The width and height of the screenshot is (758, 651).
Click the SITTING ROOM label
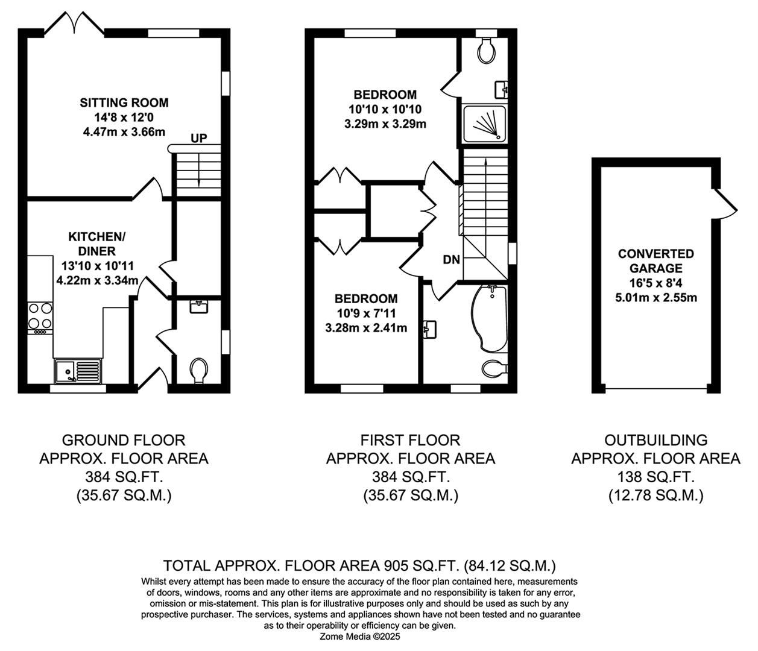124,102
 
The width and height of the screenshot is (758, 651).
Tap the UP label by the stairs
198,138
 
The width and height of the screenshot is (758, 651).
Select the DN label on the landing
451,260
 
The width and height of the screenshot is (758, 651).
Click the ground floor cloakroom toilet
198,369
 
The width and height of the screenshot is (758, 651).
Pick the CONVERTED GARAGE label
655,261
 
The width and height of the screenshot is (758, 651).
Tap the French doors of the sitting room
75,24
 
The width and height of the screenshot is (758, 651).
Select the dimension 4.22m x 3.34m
98,280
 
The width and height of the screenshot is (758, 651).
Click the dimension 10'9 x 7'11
366,313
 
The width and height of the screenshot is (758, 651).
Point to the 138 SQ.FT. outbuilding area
655,477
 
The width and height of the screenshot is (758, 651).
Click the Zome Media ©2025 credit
360,636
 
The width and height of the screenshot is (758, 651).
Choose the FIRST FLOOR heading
410,440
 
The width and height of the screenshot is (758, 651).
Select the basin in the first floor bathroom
430,329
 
